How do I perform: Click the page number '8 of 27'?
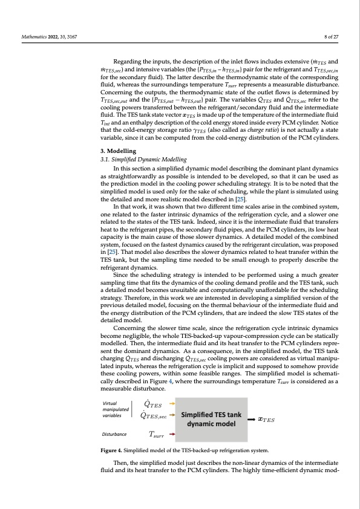pyautogui.click(x=332, y=37)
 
